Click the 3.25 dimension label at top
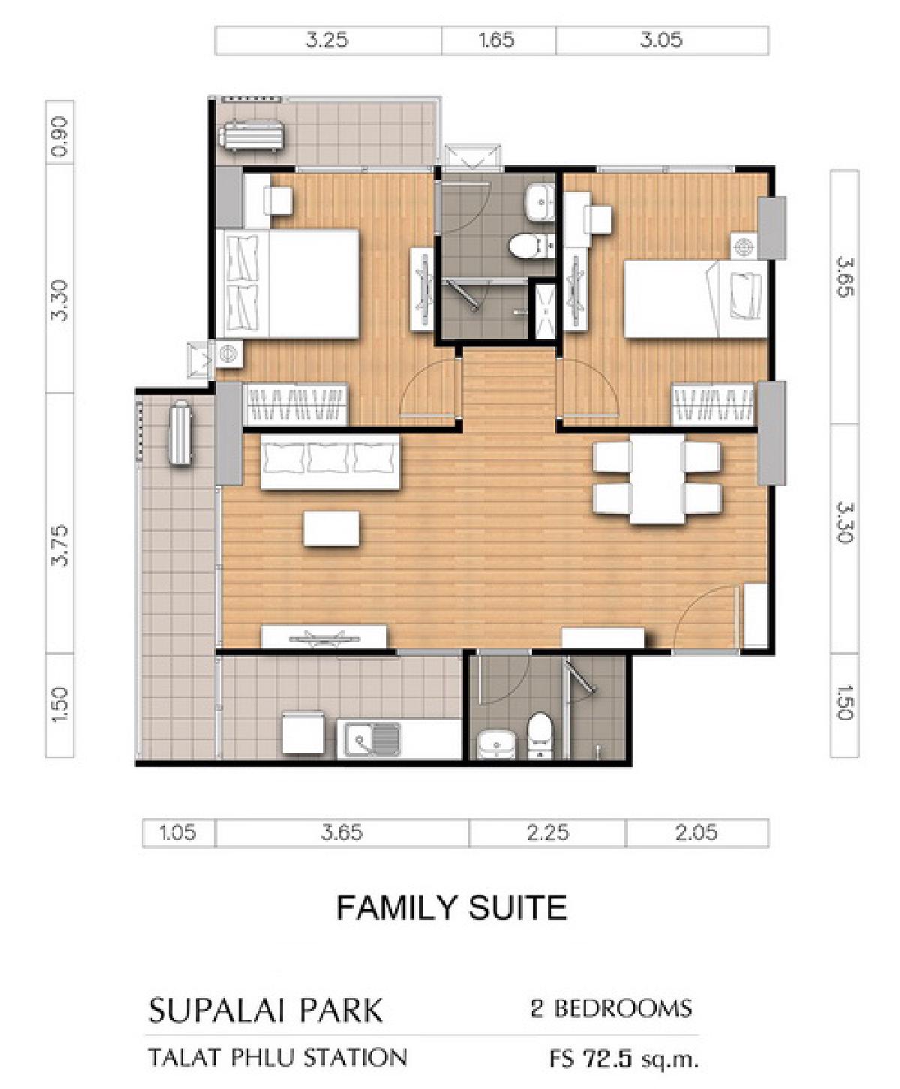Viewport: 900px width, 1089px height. click(326, 40)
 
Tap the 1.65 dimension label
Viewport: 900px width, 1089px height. click(496, 40)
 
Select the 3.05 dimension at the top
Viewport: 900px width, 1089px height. click(661, 40)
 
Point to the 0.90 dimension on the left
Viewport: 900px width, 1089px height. click(60, 136)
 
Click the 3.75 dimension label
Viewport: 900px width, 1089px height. click(60, 545)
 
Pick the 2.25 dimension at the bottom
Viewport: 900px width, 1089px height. click(547, 832)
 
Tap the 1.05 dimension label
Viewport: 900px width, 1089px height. click(178, 832)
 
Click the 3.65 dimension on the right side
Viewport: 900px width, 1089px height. click(844, 277)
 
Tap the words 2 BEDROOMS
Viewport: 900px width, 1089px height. click(611, 1009)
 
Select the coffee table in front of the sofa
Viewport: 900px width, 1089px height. click(331, 529)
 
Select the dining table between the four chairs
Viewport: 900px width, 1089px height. click(658, 478)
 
